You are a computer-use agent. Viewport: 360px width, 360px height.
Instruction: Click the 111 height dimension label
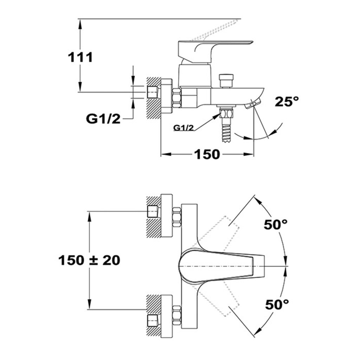pos(81,57)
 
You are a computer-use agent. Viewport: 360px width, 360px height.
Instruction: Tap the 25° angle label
pos(287,102)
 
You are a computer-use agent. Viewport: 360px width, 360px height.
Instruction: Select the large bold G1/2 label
pos(103,119)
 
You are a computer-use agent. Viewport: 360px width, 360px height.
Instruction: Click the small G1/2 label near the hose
pos(184,128)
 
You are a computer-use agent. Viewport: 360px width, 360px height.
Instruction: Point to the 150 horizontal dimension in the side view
pos(207,154)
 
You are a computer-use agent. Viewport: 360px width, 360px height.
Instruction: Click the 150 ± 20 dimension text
pos(89,261)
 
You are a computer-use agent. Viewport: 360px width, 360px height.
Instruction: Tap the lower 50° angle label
pos(277,305)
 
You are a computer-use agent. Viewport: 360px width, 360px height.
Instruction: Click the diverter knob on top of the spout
pos(226,81)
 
